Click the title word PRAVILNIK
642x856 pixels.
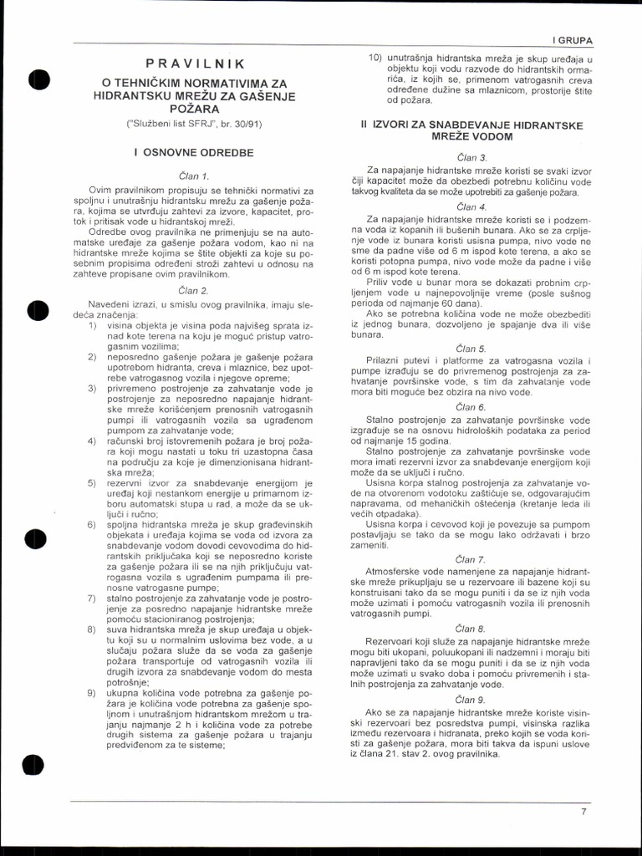click(195, 64)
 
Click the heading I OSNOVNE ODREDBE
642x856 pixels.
click(194, 153)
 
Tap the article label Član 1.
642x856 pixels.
click(194, 176)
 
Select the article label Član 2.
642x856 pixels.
click(194, 290)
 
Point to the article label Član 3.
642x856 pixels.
click(472, 157)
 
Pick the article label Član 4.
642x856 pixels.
click(472, 206)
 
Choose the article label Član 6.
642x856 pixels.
click(472, 406)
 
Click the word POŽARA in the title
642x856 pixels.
click(194, 109)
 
